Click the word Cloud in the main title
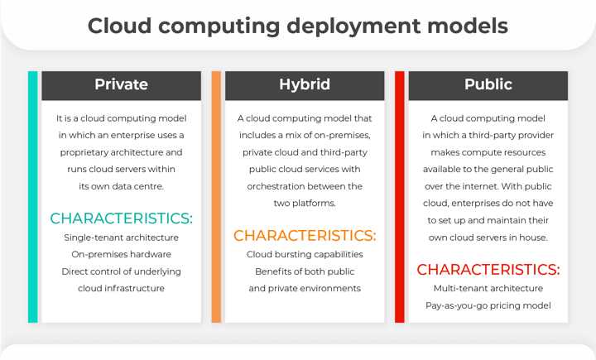(120, 26)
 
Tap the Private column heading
(121, 84)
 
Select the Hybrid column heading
(305, 84)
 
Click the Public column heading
(488, 84)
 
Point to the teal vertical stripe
(32, 197)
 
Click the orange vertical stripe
(216, 197)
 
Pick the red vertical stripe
(400, 197)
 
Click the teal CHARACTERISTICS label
(121, 218)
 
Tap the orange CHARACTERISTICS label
(305, 236)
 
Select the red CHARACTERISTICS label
(488, 270)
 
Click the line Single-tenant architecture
(121, 238)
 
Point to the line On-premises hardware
(121, 254)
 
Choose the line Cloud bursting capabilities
(305, 254)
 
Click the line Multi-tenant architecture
(488, 288)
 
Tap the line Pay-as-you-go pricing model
(488, 305)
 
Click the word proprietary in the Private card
(84, 153)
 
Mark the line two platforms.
(305, 204)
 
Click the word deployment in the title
(354, 26)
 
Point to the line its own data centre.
(121, 187)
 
